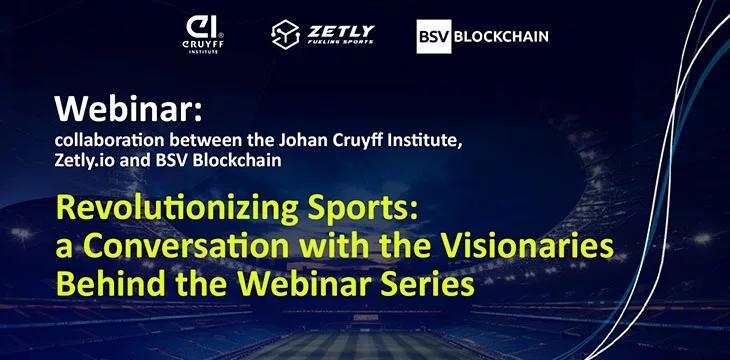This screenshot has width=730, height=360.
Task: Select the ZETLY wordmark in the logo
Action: pos(341,30)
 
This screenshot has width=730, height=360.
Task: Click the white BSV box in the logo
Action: pos(433,37)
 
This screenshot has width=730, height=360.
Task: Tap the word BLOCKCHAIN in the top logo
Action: pos(501,37)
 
